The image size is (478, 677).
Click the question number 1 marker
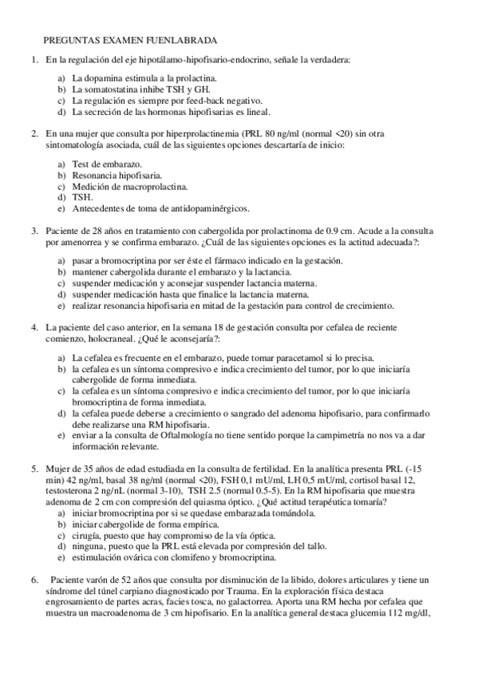[x=34, y=60]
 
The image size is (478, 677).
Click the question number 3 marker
[x=34, y=231]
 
